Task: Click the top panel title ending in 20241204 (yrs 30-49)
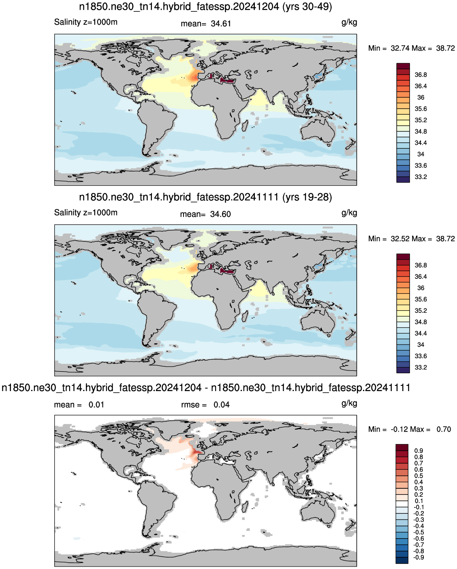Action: (x=205, y=6)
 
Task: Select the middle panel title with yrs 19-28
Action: (x=205, y=197)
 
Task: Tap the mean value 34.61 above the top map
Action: (x=221, y=24)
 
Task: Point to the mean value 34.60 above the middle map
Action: (x=220, y=214)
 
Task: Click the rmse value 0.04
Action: (x=222, y=405)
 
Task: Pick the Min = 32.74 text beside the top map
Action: (x=389, y=48)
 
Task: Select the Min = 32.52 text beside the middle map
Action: (x=389, y=239)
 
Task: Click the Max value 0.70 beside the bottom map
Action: (x=444, y=429)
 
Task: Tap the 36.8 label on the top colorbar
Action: (x=421, y=75)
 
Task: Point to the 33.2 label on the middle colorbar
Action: (x=421, y=367)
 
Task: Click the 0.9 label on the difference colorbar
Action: (x=419, y=451)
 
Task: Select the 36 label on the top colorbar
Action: (x=421, y=97)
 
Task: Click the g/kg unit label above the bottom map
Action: (x=349, y=404)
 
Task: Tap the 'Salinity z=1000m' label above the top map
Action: (x=85, y=22)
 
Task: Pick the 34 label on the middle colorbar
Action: (x=421, y=344)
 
